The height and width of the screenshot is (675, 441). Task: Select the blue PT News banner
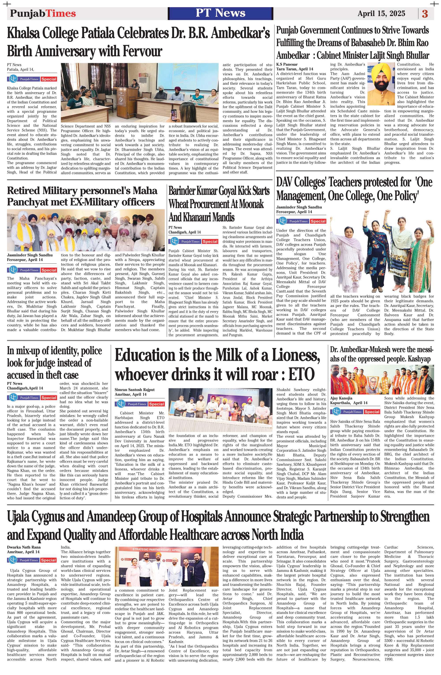click(220, 13)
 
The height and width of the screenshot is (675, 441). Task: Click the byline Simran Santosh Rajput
click(135, 390)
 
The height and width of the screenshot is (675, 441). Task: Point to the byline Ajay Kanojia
click(341, 398)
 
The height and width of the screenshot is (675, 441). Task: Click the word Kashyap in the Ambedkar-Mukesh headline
click(419, 359)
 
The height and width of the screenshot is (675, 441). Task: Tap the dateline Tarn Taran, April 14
click(295, 69)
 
